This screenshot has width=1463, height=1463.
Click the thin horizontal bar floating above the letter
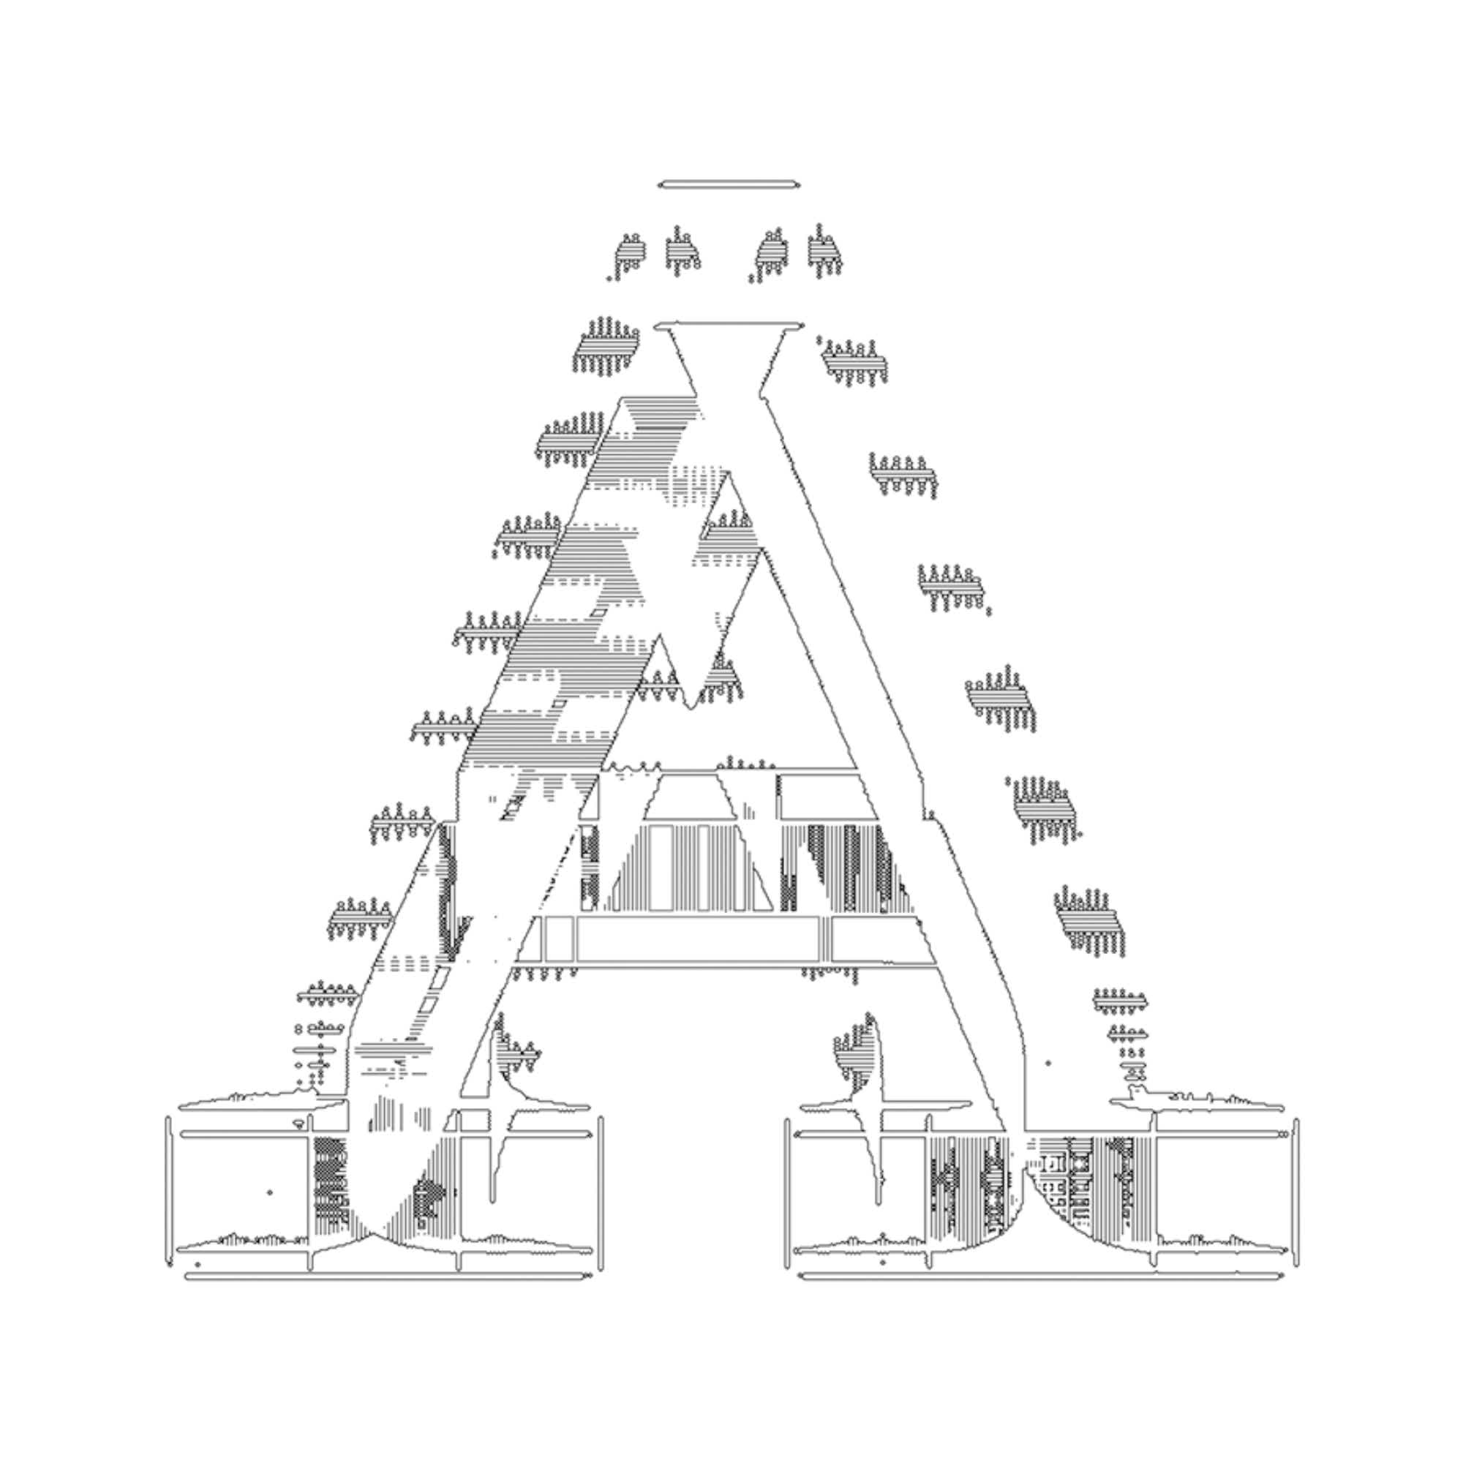pos(729,184)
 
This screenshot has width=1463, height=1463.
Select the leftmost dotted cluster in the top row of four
pos(627,255)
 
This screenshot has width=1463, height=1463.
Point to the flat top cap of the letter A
pos(729,325)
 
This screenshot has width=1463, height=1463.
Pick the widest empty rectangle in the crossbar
pos(697,939)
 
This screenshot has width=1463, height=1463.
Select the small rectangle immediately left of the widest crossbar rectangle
pos(559,939)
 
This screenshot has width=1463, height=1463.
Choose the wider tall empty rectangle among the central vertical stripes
pos(661,868)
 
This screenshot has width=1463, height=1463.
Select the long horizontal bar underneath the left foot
pos(388,1276)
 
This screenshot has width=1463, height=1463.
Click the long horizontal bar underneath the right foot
pos(1042,1276)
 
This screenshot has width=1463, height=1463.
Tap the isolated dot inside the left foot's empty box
pos(271,1192)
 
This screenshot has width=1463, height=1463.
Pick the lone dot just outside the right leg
pos(1048,1063)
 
